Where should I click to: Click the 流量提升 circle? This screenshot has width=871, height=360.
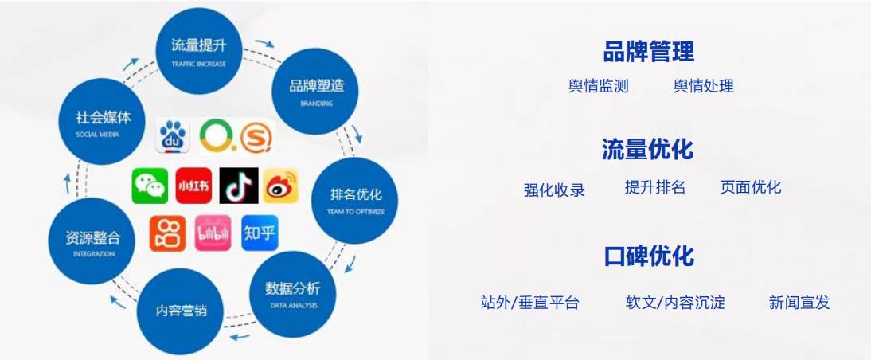pos(199,49)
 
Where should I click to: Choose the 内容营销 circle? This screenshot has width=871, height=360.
pos(181,311)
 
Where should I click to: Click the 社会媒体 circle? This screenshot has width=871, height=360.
pos(103,121)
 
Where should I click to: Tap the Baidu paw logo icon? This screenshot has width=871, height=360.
pos(173,136)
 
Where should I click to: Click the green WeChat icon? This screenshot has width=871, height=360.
pos(150,186)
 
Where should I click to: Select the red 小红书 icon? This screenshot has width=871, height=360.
pos(193,186)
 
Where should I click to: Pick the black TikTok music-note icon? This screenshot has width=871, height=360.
pos(238,186)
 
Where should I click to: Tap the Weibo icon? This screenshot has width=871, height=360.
pos(280,186)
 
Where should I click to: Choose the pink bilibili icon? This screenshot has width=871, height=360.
pos(213,233)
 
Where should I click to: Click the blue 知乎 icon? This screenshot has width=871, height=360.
pos(260,233)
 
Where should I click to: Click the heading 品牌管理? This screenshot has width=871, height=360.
pos(649,52)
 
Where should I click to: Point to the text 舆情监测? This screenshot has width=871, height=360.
pos(599,86)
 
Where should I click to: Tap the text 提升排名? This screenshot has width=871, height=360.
pos(655,187)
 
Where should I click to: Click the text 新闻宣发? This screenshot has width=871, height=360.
pos(799,303)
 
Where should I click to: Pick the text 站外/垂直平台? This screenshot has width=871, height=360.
pos(530,303)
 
